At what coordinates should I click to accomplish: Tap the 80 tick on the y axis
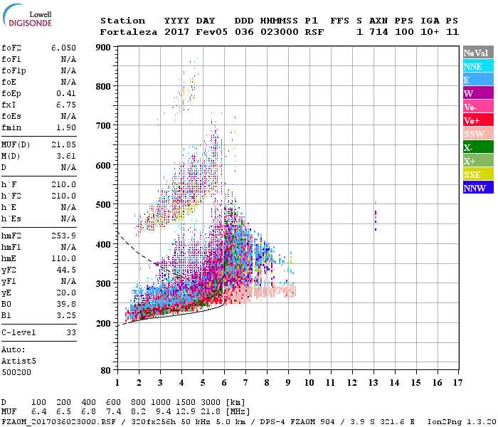(105, 371)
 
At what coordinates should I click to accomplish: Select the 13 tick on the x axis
(374, 383)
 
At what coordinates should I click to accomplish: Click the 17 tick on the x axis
(460, 383)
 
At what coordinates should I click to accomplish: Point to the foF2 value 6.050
(63, 47)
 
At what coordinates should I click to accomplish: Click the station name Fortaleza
(129, 32)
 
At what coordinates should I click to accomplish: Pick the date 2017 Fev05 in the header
(189, 32)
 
